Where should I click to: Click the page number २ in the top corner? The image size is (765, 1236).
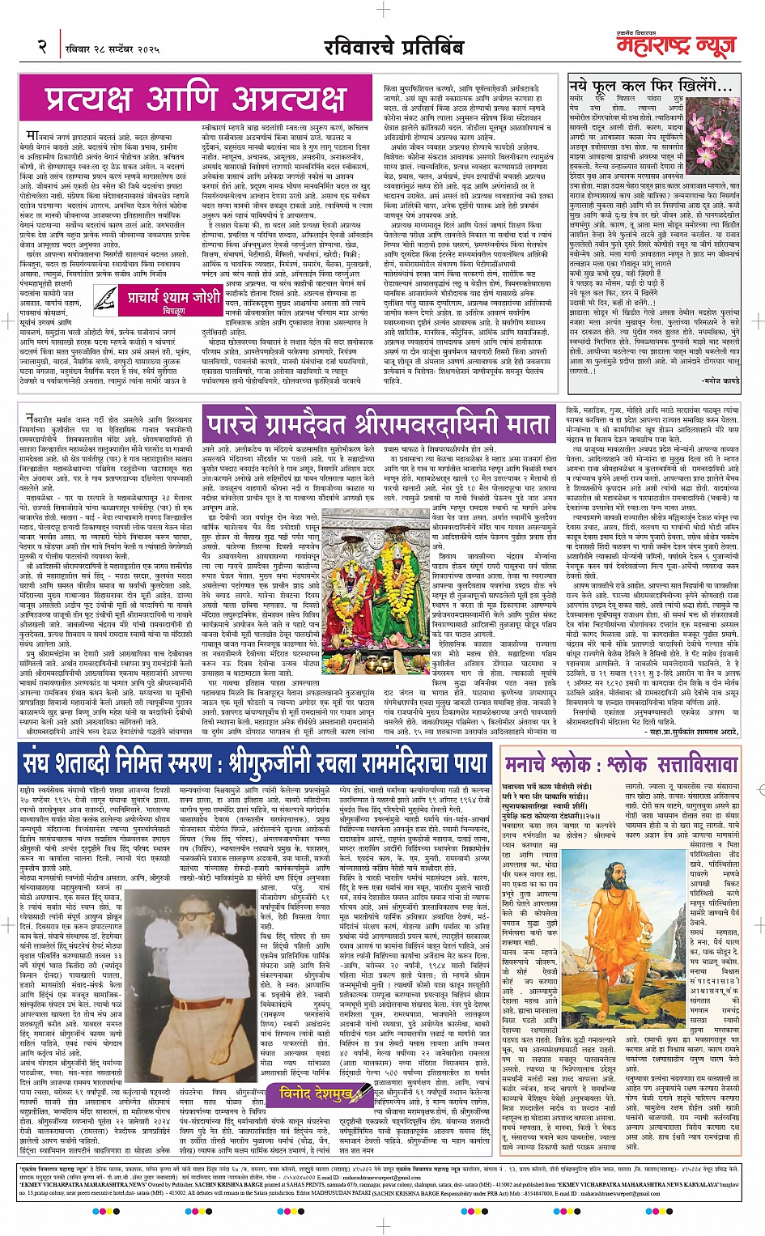click(x=42, y=48)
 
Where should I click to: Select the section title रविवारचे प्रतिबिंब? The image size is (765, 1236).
click(x=393, y=48)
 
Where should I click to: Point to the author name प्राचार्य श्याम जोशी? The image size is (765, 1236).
click(x=173, y=298)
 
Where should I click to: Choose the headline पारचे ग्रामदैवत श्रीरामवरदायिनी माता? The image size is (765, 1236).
click(x=380, y=425)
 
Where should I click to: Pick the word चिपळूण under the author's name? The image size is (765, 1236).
click(x=173, y=311)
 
